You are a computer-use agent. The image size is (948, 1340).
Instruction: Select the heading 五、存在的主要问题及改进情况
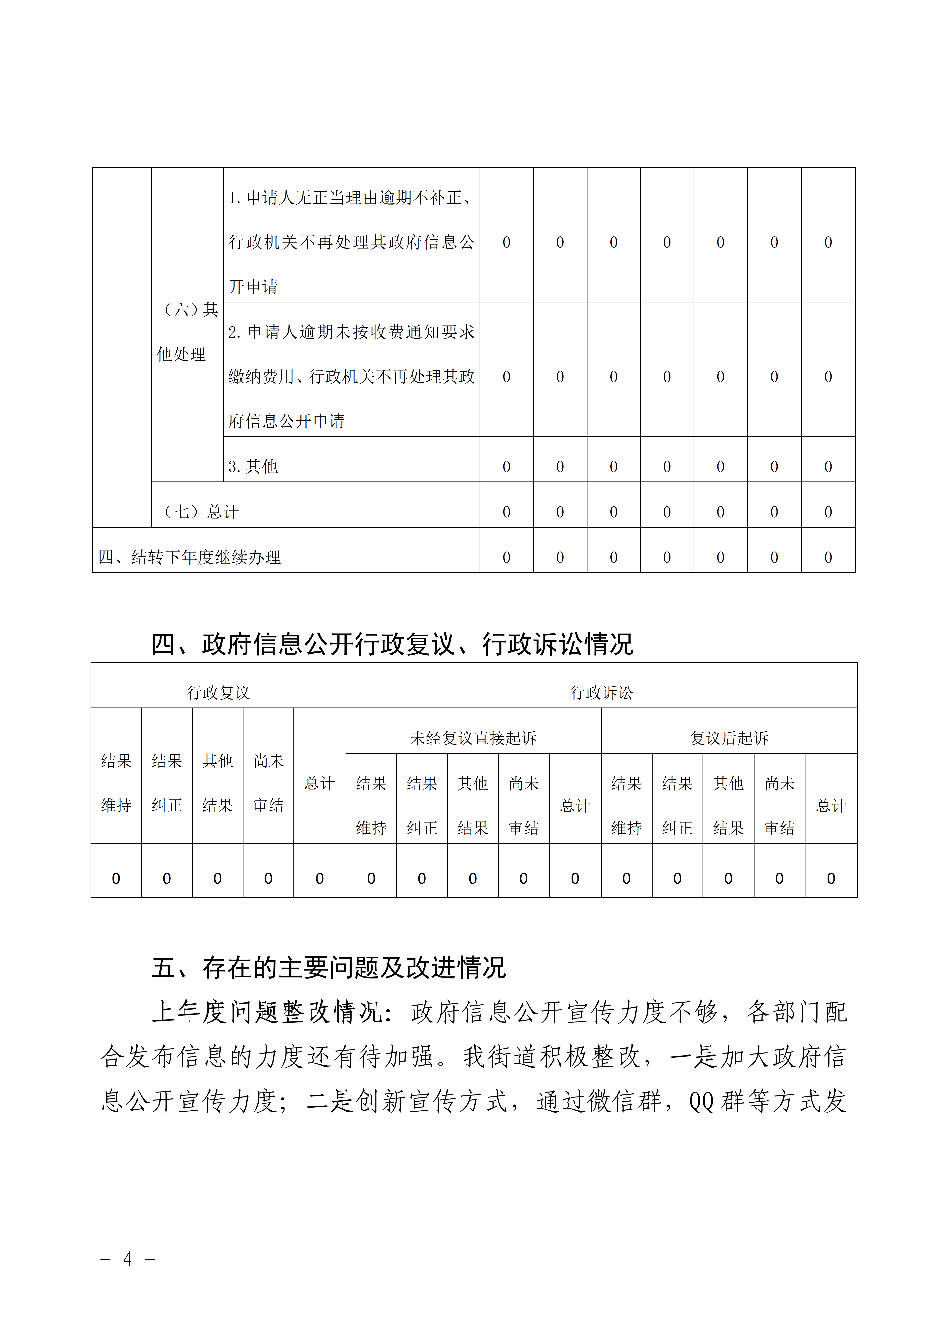point(328,967)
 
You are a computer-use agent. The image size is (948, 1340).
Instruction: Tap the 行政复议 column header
point(218,693)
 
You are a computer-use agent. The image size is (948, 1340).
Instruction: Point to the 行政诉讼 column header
point(601,693)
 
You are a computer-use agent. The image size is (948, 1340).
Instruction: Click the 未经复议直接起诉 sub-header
point(473,738)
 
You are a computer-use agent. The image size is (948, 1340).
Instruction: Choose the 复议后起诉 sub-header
point(729,738)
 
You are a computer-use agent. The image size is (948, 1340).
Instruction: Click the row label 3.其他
point(253,466)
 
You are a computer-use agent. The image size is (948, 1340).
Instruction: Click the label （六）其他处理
point(187,331)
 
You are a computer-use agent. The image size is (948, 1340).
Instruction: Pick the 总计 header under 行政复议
point(320,783)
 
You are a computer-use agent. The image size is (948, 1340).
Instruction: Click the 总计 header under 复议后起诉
point(831,806)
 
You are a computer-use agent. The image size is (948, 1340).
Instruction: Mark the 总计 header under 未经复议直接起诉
point(575,806)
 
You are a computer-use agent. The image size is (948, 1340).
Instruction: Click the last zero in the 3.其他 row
point(828,466)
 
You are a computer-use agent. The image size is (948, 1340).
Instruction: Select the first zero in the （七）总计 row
point(506,512)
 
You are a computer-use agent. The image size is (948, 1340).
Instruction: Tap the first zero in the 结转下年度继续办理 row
point(506,557)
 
